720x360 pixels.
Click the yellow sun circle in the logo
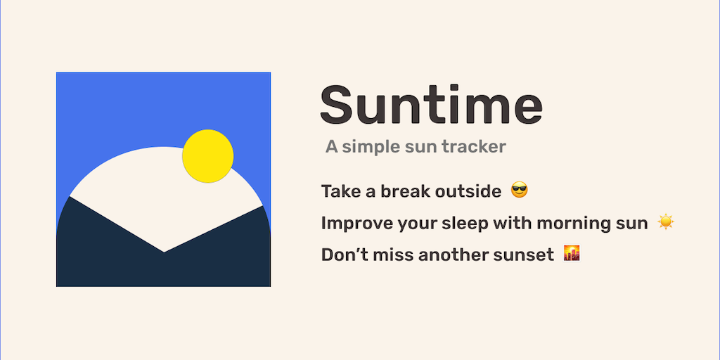[208, 156]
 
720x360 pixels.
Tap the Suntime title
[431, 105]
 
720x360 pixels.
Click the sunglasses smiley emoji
[520, 190]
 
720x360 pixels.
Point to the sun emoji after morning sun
[665, 222]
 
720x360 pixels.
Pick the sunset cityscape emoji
[572, 253]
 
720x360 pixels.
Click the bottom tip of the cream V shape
[165, 252]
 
